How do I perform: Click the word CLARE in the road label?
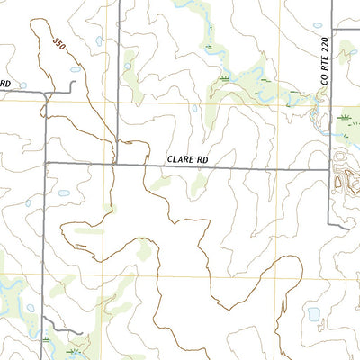tap(180, 159)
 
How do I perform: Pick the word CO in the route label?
tap(325, 80)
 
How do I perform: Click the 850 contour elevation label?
tap(59, 43)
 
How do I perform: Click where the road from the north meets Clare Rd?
tap(119, 164)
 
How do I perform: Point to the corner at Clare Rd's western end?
tap(47, 164)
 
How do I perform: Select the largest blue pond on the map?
tap(314, 315)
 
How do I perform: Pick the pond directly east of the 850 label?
tap(98, 40)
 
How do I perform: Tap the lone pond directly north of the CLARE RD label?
tap(194, 109)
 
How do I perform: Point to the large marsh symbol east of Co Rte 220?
tap(346, 117)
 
